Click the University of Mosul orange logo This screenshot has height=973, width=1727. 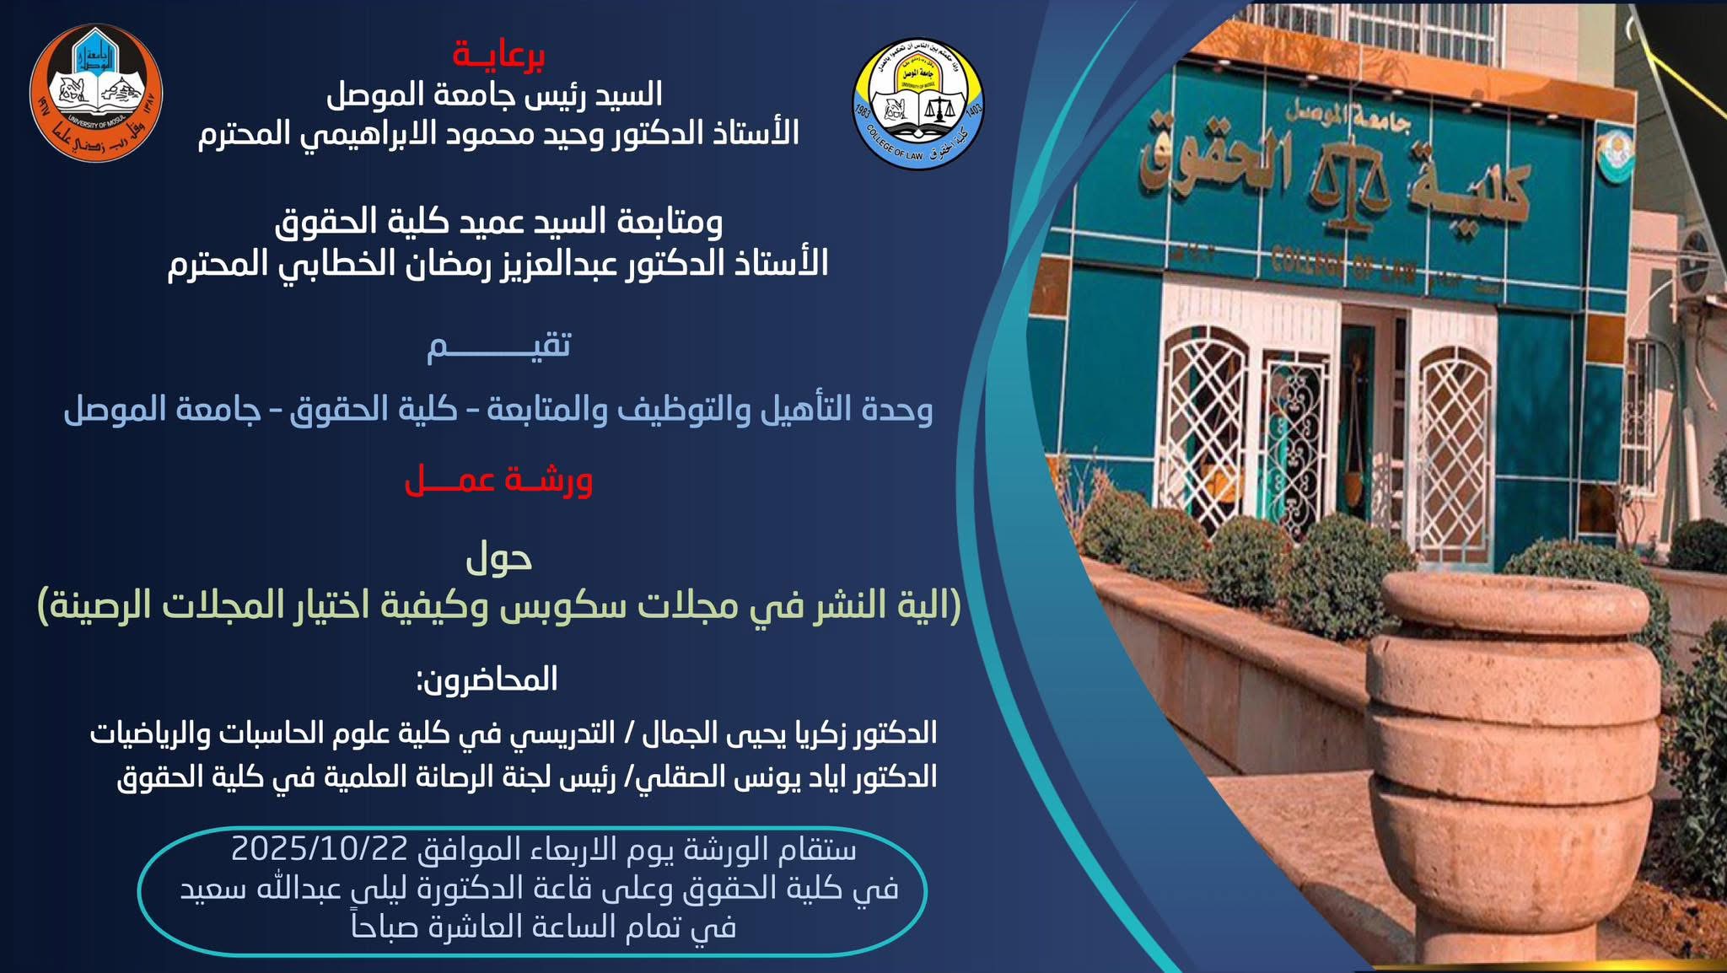[96, 94]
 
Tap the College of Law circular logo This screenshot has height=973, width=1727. [918, 104]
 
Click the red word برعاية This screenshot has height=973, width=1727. [498, 55]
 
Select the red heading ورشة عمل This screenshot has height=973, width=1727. [498, 481]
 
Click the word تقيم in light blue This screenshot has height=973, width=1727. [498, 346]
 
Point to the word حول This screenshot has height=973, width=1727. [499, 558]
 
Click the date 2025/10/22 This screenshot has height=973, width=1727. [320, 848]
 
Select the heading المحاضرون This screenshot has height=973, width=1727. [487, 680]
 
